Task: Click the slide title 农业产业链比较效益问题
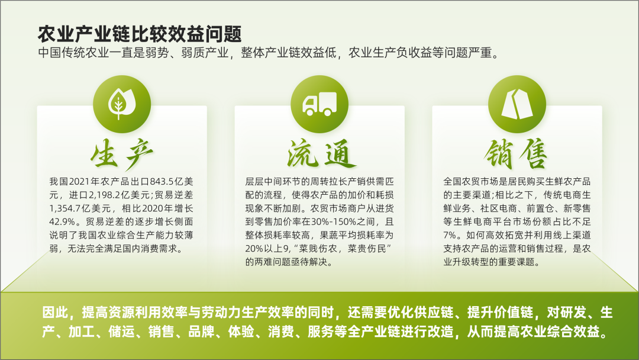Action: tap(140, 34)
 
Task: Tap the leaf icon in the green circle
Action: tap(121, 104)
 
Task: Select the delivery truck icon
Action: tap(319, 104)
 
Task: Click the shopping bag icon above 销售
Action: tap(517, 104)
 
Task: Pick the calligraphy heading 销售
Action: tap(516, 154)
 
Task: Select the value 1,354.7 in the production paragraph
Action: tap(65, 208)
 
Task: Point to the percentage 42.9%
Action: tap(62, 222)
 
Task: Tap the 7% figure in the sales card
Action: tap(450, 235)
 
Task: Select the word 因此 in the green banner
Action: tap(55, 313)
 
